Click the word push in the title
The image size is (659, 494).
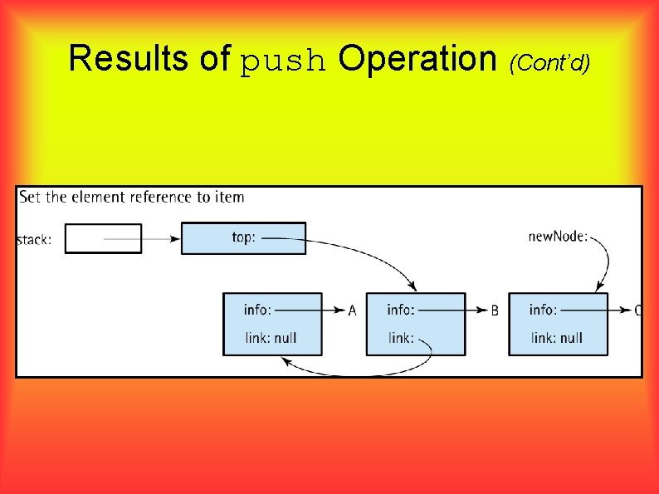pyautogui.click(x=283, y=61)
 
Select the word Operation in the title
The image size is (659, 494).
pyautogui.click(x=417, y=59)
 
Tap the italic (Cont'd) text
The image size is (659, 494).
pyautogui.click(x=549, y=61)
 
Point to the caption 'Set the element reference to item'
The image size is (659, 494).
pyautogui.click(x=132, y=197)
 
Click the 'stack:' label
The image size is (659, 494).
pyautogui.click(x=34, y=241)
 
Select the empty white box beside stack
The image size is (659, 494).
pyautogui.click(x=103, y=238)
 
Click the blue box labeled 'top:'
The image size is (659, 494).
pyautogui.click(x=243, y=238)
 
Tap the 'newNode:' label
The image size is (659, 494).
pyautogui.click(x=558, y=237)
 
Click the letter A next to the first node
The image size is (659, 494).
pyautogui.click(x=352, y=311)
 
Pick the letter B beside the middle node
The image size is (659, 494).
pyautogui.click(x=495, y=311)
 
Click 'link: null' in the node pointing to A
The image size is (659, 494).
pyautogui.click(x=271, y=338)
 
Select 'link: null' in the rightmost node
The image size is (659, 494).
pyautogui.click(x=557, y=338)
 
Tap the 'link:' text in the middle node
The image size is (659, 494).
pyautogui.click(x=400, y=338)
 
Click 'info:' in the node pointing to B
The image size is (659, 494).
pyautogui.click(x=401, y=310)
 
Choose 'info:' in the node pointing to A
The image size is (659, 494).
pyautogui.click(x=258, y=310)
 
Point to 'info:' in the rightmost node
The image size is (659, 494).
pyautogui.click(x=544, y=310)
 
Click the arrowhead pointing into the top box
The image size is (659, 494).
pyautogui.click(x=176, y=239)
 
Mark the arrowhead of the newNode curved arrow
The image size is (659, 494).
pyautogui.click(x=598, y=287)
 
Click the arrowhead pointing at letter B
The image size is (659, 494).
pyautogui.click(x=482, y=311)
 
